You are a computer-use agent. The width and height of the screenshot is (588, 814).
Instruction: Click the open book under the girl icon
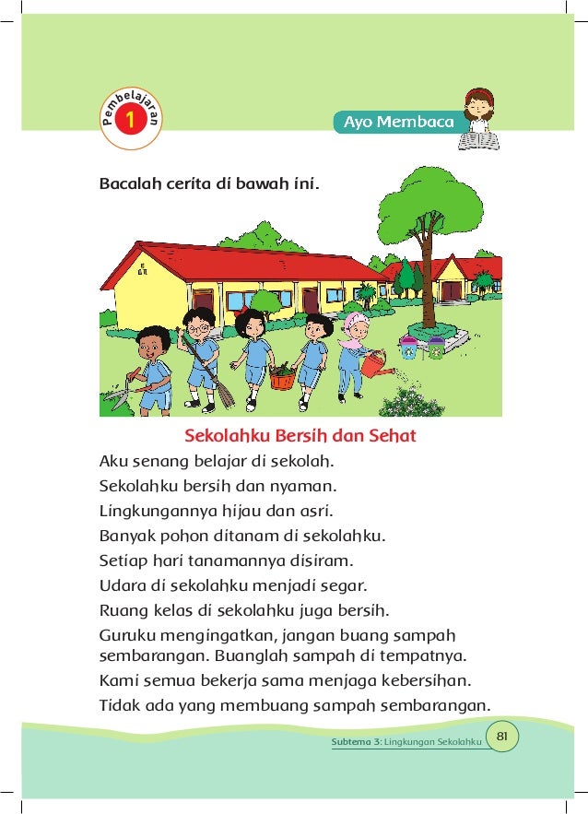478,140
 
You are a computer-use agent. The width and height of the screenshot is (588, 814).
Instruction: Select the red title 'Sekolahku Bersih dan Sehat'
300,434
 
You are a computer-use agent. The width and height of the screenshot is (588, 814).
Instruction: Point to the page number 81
502,736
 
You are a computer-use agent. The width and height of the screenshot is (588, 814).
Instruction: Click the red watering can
374,366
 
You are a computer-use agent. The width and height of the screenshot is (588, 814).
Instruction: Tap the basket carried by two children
282,377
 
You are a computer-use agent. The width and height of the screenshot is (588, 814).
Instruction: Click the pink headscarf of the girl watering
357,329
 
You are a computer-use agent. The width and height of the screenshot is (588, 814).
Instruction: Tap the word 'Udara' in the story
122,584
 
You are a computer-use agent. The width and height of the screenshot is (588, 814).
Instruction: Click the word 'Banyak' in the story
125,535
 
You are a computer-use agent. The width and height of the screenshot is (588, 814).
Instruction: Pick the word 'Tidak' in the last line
118,706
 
